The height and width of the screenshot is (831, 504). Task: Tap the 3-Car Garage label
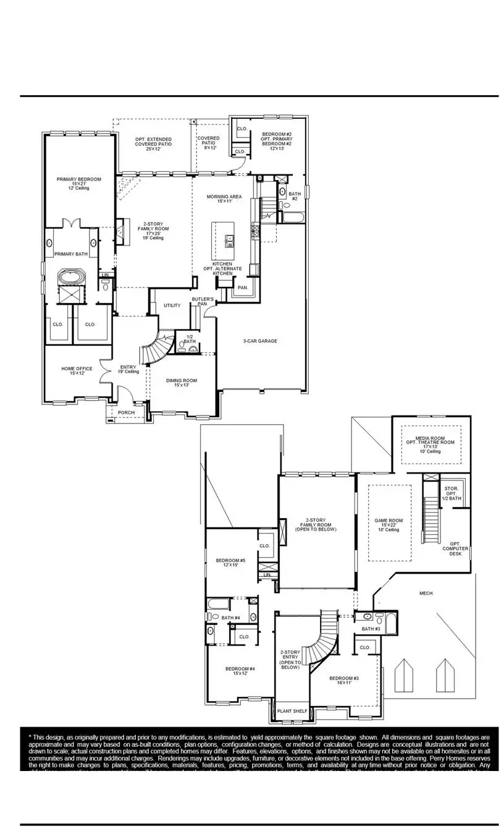pyautogui.click(x=259, y=341)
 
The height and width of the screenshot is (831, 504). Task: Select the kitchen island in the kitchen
pyautogui.click(x=224, y=241)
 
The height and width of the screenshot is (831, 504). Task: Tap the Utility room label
pyautogui.click(x=172, y=305)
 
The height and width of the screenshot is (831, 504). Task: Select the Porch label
pyautogui.click(x=127, y=412)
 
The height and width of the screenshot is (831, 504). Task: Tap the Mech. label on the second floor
pyautogui.click(x=427, y=593)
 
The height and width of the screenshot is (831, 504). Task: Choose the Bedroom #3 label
pyautogui.click(x=344, y=680)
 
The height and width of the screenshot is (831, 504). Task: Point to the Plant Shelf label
pyautogui.click(x=292, y=712)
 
